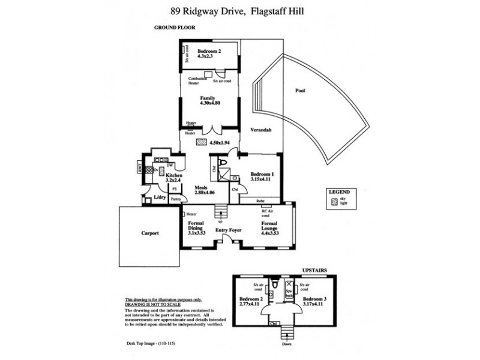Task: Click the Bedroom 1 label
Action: point(261,175)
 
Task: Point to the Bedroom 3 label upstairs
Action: point(314,301)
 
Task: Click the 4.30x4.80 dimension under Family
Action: point(209,103)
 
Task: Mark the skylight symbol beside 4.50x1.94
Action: point(200,142)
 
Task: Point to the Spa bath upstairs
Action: point(289,291)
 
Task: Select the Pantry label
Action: point(176,199)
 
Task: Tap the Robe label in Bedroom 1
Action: point(260,201)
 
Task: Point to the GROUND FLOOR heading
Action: point(172,28)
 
